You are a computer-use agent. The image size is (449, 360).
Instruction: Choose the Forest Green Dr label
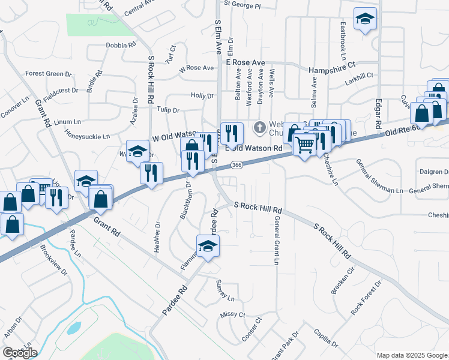(x=48, y=74)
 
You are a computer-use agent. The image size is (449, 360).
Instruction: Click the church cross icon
(x=259, y=127)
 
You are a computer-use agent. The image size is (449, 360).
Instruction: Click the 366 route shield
(x=237, y=165)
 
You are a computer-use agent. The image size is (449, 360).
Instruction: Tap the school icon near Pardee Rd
(x=208, y=245)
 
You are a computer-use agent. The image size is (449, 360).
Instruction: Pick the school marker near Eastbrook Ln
(x=364, y=19)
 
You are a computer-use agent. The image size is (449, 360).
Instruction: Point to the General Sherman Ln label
(x=379, y=180)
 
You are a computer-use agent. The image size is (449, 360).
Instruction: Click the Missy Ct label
(x=233, y=314)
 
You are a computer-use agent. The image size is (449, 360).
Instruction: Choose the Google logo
(x=19, y=352)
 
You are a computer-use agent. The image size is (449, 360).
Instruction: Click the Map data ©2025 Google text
(x=411, y=355)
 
